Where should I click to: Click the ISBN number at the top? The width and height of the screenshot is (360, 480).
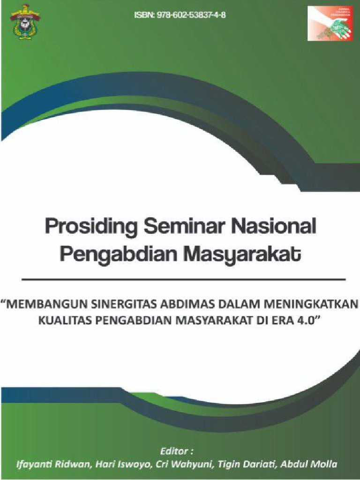180,15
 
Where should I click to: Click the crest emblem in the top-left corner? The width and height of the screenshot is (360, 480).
25,21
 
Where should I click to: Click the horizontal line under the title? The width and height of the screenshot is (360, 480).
183,279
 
